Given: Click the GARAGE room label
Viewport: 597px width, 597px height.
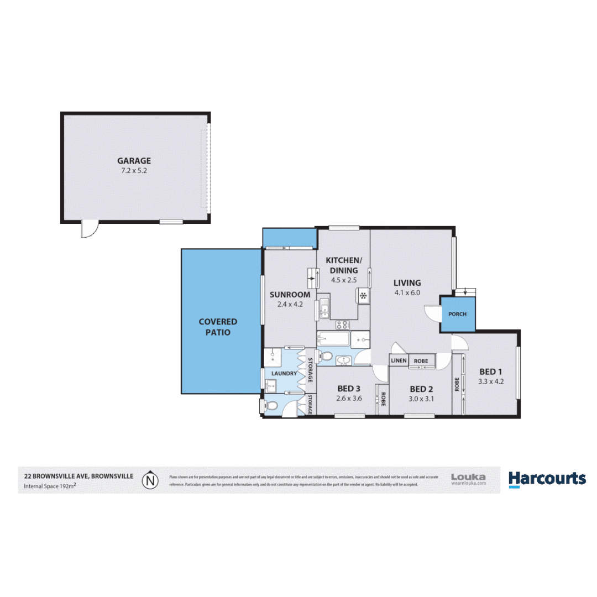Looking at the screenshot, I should tap(134, 161).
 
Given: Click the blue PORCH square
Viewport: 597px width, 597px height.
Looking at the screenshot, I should tap(457, 314).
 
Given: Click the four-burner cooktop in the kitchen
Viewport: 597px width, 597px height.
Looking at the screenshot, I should tap(343, 325).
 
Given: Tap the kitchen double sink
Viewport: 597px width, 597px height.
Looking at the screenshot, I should tap(324, 308).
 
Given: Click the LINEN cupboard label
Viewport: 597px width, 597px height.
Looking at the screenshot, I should tap(399, 361).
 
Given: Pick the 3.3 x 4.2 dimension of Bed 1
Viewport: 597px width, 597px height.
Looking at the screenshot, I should tap(491, 381).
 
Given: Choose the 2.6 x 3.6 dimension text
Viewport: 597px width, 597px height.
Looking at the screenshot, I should tap(349, 397).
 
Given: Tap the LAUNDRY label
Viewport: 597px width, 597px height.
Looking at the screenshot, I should tap(284, 374).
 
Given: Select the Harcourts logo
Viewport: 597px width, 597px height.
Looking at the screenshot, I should tap(547, 479).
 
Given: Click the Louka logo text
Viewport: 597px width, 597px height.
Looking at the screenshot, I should tap(468, 476).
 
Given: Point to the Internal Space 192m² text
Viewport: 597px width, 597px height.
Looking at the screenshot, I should tap(50, 486).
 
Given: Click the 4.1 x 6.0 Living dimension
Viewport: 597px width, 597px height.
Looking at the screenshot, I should tap(407, 292).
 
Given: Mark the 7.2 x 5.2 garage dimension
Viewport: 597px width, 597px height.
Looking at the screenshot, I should tap(134, 171).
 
